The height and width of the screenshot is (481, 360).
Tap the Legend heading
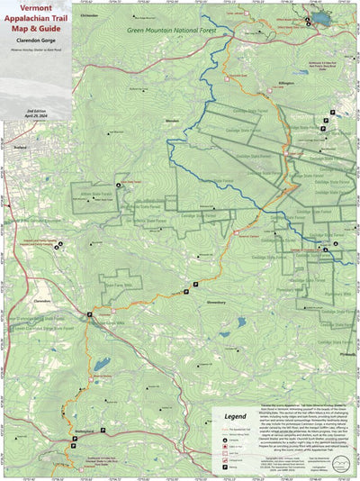tap(235, 417)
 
